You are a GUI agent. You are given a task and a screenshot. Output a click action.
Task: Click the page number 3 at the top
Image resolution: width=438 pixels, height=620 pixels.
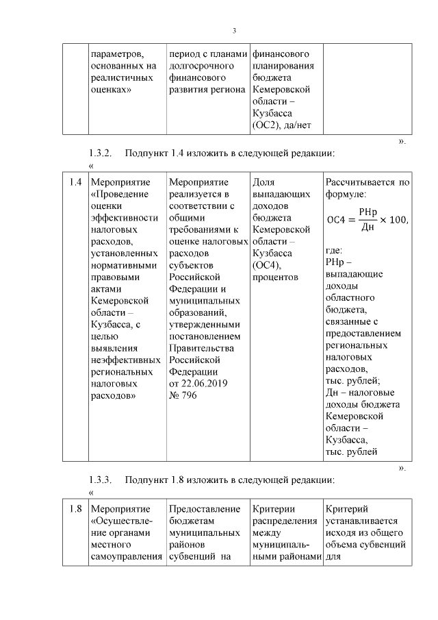click(234, 31)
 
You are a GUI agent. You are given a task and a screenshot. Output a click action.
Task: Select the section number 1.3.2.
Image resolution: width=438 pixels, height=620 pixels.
click(102, 152)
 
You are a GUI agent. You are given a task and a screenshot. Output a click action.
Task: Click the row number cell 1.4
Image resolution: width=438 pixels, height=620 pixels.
click(75, 182)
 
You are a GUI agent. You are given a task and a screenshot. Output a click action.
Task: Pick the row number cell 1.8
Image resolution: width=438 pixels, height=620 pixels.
click(75, 509)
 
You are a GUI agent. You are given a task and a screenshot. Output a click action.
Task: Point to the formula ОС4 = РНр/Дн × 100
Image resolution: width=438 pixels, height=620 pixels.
click(367, 219)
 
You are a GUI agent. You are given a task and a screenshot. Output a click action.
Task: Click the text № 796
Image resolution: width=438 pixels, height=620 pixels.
click(183, 395)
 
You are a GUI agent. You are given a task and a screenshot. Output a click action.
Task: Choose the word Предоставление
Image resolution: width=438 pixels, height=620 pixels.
click(204, 509)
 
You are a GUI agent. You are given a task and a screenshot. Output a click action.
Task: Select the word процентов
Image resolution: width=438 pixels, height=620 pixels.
click(275, 277)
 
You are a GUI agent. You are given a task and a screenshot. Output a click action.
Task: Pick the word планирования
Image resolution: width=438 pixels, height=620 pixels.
click(283, 66)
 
